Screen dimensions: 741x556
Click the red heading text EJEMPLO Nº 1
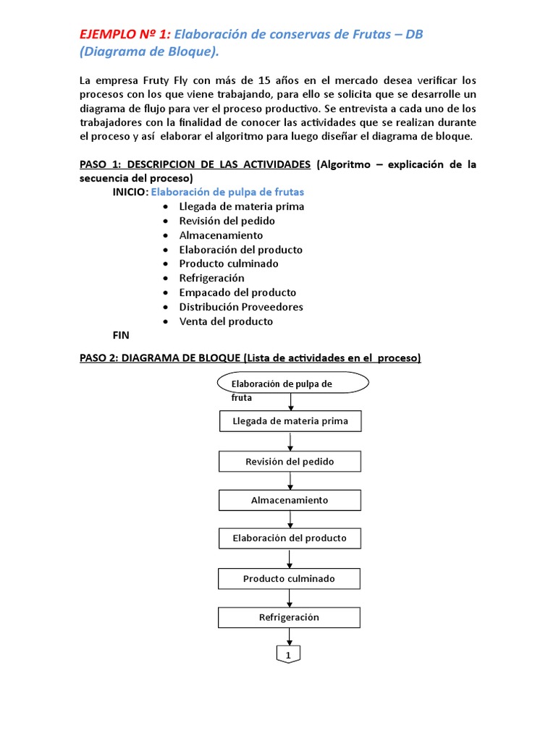125,35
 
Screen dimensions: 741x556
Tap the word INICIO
130,192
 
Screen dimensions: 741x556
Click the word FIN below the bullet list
120,335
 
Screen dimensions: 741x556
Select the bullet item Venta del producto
226,321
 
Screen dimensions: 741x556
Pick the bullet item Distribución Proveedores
241,307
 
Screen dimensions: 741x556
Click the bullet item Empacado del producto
237,292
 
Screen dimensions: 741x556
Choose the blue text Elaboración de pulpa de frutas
227,192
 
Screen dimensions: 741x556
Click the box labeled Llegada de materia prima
290,421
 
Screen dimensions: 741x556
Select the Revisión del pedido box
290,461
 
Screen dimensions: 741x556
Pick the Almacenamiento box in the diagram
290,500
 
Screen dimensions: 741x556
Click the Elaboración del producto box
290,538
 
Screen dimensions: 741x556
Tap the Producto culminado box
290,579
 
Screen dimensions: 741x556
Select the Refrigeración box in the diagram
290,617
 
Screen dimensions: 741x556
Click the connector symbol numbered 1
289,654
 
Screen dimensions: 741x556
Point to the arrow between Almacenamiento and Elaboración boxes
290,520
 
